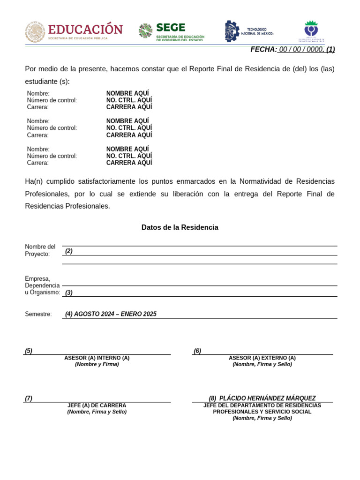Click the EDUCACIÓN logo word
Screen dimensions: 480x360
[x=85, y=29]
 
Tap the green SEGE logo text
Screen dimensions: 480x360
[x=171, y=28]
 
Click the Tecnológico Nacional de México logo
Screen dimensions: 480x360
[x=249, y=31]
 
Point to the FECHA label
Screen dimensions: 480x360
[x=263, y=50]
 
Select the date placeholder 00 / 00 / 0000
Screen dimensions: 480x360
[x=301, y=50]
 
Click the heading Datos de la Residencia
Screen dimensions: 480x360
[x=180, y=227]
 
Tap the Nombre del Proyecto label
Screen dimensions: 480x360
[x=40, y=250]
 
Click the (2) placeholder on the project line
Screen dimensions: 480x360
[x=69, y=251]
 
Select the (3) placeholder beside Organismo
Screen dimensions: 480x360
[x=69, y=292]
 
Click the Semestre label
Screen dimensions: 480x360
[x=38, y=314]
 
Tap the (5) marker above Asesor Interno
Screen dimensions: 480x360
[x=29, y=351]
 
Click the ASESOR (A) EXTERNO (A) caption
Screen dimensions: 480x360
[x=262, y=358]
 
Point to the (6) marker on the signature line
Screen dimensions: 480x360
[x=197, y=351]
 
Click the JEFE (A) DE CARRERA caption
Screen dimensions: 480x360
[x=97, y=405]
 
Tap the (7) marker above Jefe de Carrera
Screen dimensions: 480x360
[x=29, y=398]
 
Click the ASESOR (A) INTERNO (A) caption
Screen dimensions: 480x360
[x=97, y=358]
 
